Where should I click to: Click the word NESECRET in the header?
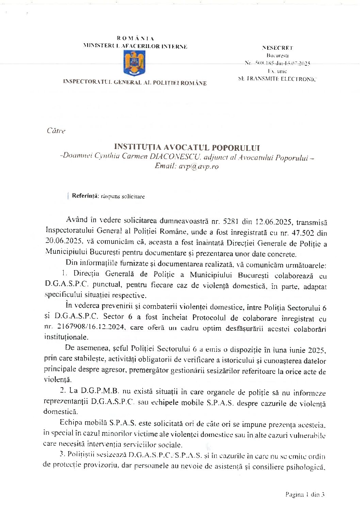tap(277, 48)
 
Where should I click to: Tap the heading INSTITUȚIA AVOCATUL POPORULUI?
tap(187, 147)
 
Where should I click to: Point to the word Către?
tap(56, 131)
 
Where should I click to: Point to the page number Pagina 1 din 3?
tap(305, 494)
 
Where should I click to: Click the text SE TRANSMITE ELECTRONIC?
tap(277, 79)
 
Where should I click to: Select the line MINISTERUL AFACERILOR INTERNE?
tap(135, 47)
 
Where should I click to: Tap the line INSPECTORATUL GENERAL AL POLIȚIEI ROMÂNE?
tap(134, 83)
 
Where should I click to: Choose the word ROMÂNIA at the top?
tap(135, 38)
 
